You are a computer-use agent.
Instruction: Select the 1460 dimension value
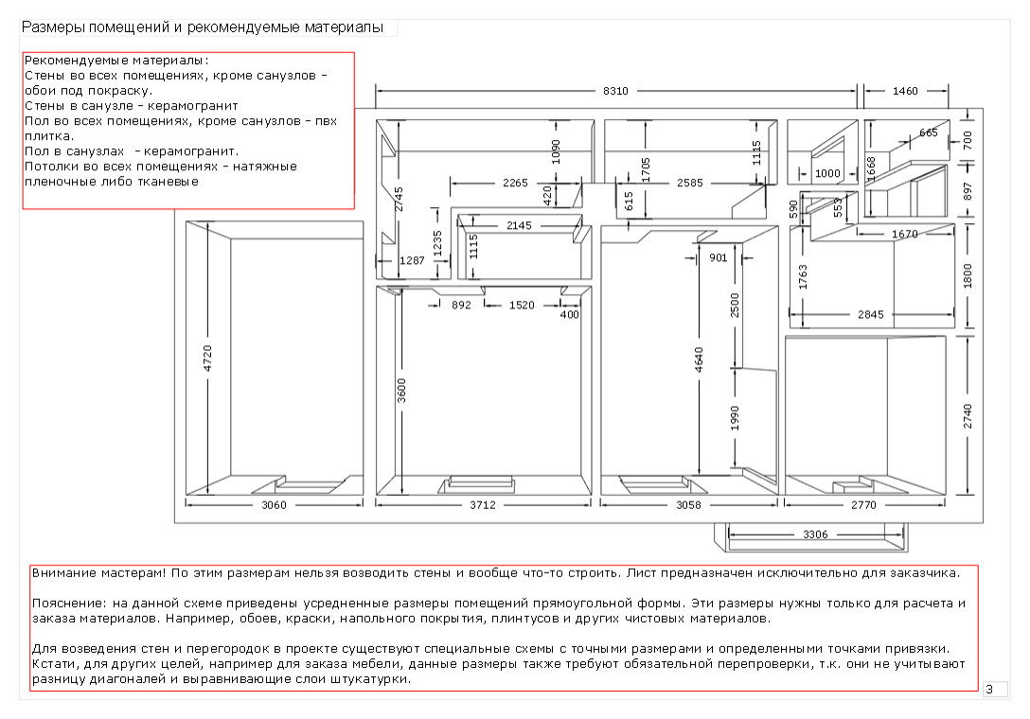[905, 92]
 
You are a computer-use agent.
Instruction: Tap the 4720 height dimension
[208, 360]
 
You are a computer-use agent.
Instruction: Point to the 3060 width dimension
[274, 505]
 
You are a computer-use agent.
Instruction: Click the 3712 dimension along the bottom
[483, 505]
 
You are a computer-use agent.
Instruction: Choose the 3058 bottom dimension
[688, 505]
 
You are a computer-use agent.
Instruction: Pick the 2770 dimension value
[863, 505]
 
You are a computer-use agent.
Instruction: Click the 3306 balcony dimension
[814, 535]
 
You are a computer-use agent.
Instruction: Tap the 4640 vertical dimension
[698, 361]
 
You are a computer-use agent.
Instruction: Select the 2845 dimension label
[871, 313]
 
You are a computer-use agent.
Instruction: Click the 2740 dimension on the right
[968, 416]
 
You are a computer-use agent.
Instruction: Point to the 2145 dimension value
[519, 226]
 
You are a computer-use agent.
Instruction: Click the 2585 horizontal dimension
[690, 184]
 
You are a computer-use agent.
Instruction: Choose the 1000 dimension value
[827, 174]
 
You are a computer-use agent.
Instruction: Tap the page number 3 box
[989, 690]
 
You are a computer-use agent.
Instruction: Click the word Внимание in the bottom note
[61, 572]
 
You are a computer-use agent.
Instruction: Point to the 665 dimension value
[928, 133]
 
